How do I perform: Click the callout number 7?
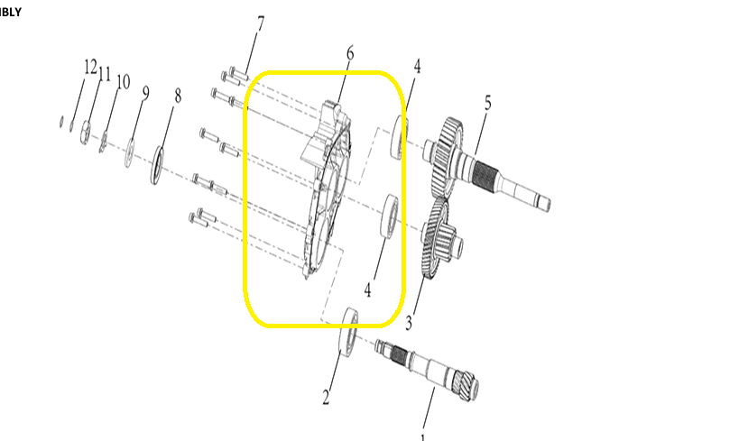point(260,24)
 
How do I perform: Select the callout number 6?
point(349,54)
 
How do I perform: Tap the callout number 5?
point(487,103)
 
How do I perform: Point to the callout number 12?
point(89,67)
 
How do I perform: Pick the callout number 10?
point(123,82)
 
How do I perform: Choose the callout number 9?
point(144,92)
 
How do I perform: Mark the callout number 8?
point(177,96)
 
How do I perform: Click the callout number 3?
point(409,322)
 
